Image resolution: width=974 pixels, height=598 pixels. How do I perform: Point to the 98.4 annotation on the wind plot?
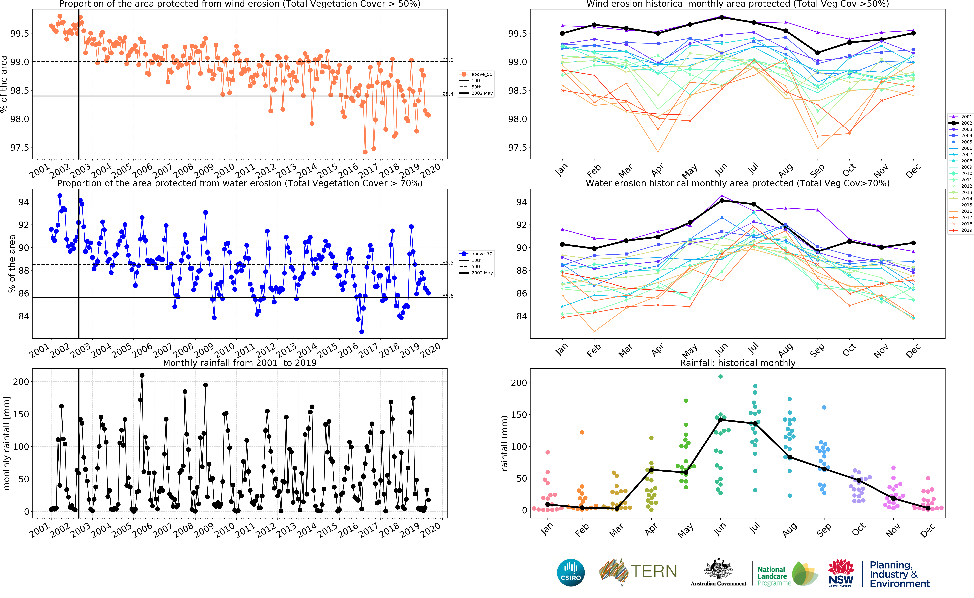(x=448, y=94)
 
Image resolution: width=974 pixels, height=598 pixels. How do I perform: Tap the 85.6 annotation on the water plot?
(x=448, y=296)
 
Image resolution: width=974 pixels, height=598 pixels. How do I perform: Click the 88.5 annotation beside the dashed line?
(x=448, y=263)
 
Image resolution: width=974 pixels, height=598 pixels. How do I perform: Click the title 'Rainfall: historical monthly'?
(x=737, y=363)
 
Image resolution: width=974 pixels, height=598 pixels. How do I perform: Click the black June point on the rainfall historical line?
(x=720, y=420)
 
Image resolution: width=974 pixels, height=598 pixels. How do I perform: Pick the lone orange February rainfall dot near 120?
(x=582, y=432)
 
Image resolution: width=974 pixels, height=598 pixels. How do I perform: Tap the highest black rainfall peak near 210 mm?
(x=142, y=375)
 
